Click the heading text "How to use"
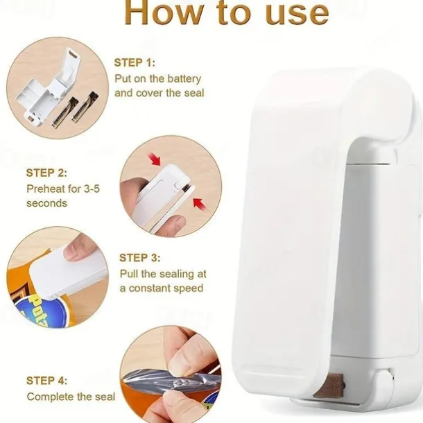tap(227, 13)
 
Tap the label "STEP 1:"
tap(135, 62)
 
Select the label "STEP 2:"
tap(46, 173)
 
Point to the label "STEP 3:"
tap(140, 258)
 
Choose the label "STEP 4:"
tap(46, 381)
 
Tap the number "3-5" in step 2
tap(92, 189)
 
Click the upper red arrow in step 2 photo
tap(155, 158)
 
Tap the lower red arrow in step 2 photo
tap(200, 203)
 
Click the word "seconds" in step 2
tap(46, 203)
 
